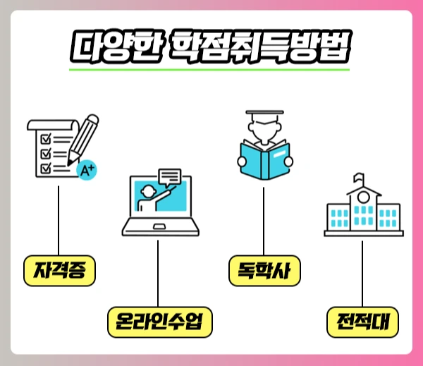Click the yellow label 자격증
pos(59,271)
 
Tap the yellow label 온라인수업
pos(159,322)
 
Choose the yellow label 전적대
pos(363,322)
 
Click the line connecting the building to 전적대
pos(363,272)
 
